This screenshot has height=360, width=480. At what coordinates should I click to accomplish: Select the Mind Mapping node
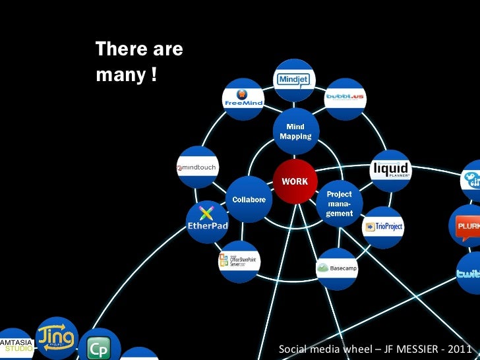(295, 131)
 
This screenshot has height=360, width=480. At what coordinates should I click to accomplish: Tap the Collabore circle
(248, 199)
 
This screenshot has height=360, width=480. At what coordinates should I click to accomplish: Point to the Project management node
(340, 204)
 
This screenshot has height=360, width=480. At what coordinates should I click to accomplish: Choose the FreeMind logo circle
(243, 99)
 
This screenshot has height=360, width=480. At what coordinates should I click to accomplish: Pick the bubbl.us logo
(345, 98)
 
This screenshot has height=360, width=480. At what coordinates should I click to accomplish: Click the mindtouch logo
(197, 167)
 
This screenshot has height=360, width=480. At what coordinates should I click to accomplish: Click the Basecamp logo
(337, 268)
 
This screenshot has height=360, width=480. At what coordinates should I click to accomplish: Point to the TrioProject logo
(384, 227)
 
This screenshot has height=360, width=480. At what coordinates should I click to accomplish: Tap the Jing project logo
(57, 338)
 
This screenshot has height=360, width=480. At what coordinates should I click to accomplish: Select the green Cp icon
(99, 347)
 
